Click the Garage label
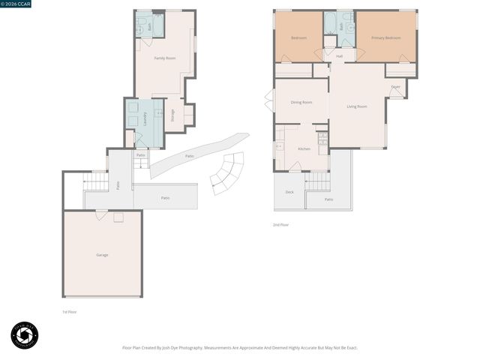coord(102,255)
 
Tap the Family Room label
coord(165,58)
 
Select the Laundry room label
coord(145,117)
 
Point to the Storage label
coord(172,115)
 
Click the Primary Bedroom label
coord(385,37)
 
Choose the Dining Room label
coord(301,102)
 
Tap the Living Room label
coord(357,106)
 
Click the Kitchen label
coord(304,149)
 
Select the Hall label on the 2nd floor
coord(340,56)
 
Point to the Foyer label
coord(395,87)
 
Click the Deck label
coord(289,192)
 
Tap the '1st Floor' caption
coord(69,311)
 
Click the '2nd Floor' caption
coord(280,224)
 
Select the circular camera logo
coord(25,335)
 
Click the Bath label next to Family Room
coord(150,26)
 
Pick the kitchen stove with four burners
coord(322,138)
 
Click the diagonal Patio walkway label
coord(190,156)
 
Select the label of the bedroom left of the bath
coord(299,37)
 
